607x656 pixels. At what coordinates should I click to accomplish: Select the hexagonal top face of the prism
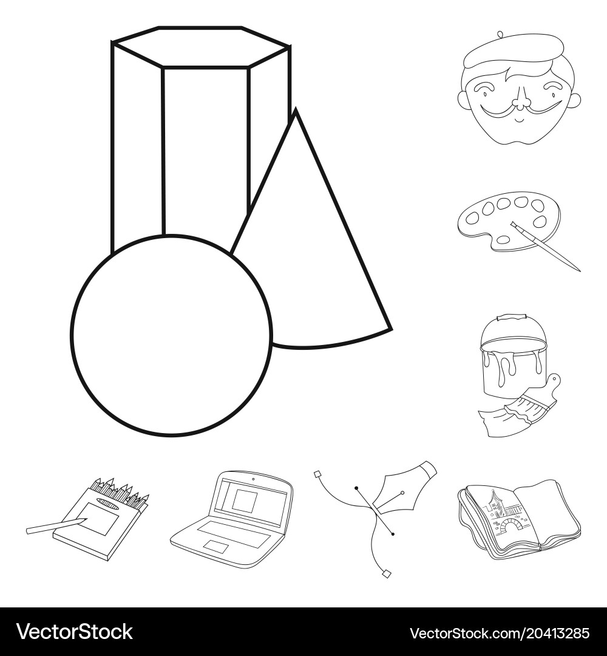[200, 47]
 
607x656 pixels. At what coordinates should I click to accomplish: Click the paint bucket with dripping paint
[513, 361]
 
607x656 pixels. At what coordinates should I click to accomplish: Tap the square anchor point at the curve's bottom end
[387, 573]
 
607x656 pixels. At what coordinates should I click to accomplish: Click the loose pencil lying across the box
[55, 525]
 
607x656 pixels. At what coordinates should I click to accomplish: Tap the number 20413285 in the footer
[549, 633]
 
